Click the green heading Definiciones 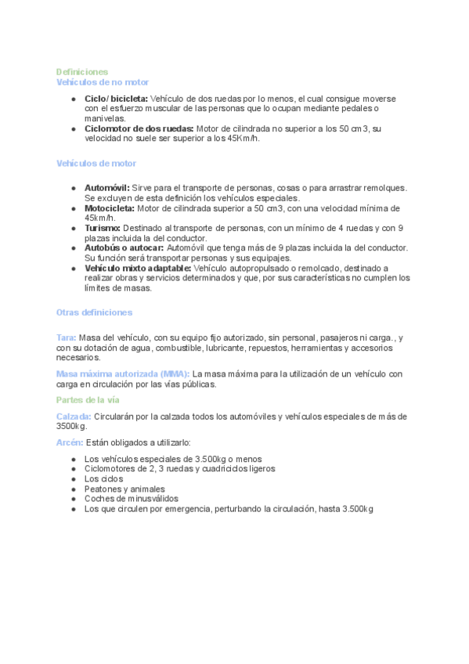click(x=81, y=72)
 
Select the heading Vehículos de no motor click(x=103, y=82)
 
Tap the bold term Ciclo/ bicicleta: click(x=116, y=99)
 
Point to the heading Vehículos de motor click(x=96, y=164)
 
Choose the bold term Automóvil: click(x=106, y=189)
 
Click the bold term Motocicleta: click(x=110, y=209)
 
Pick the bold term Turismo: click(x=103, y=228)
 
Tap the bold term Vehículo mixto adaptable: click(x=137, y=268)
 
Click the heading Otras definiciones click(x=94, y=312)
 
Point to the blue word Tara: click(x=66, y=337)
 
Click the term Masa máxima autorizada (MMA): click(x=123, y=374)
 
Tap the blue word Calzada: click(x=74, y=417)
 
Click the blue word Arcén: click(x=70, y=442)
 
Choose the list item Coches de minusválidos click(x=132, y=499)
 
